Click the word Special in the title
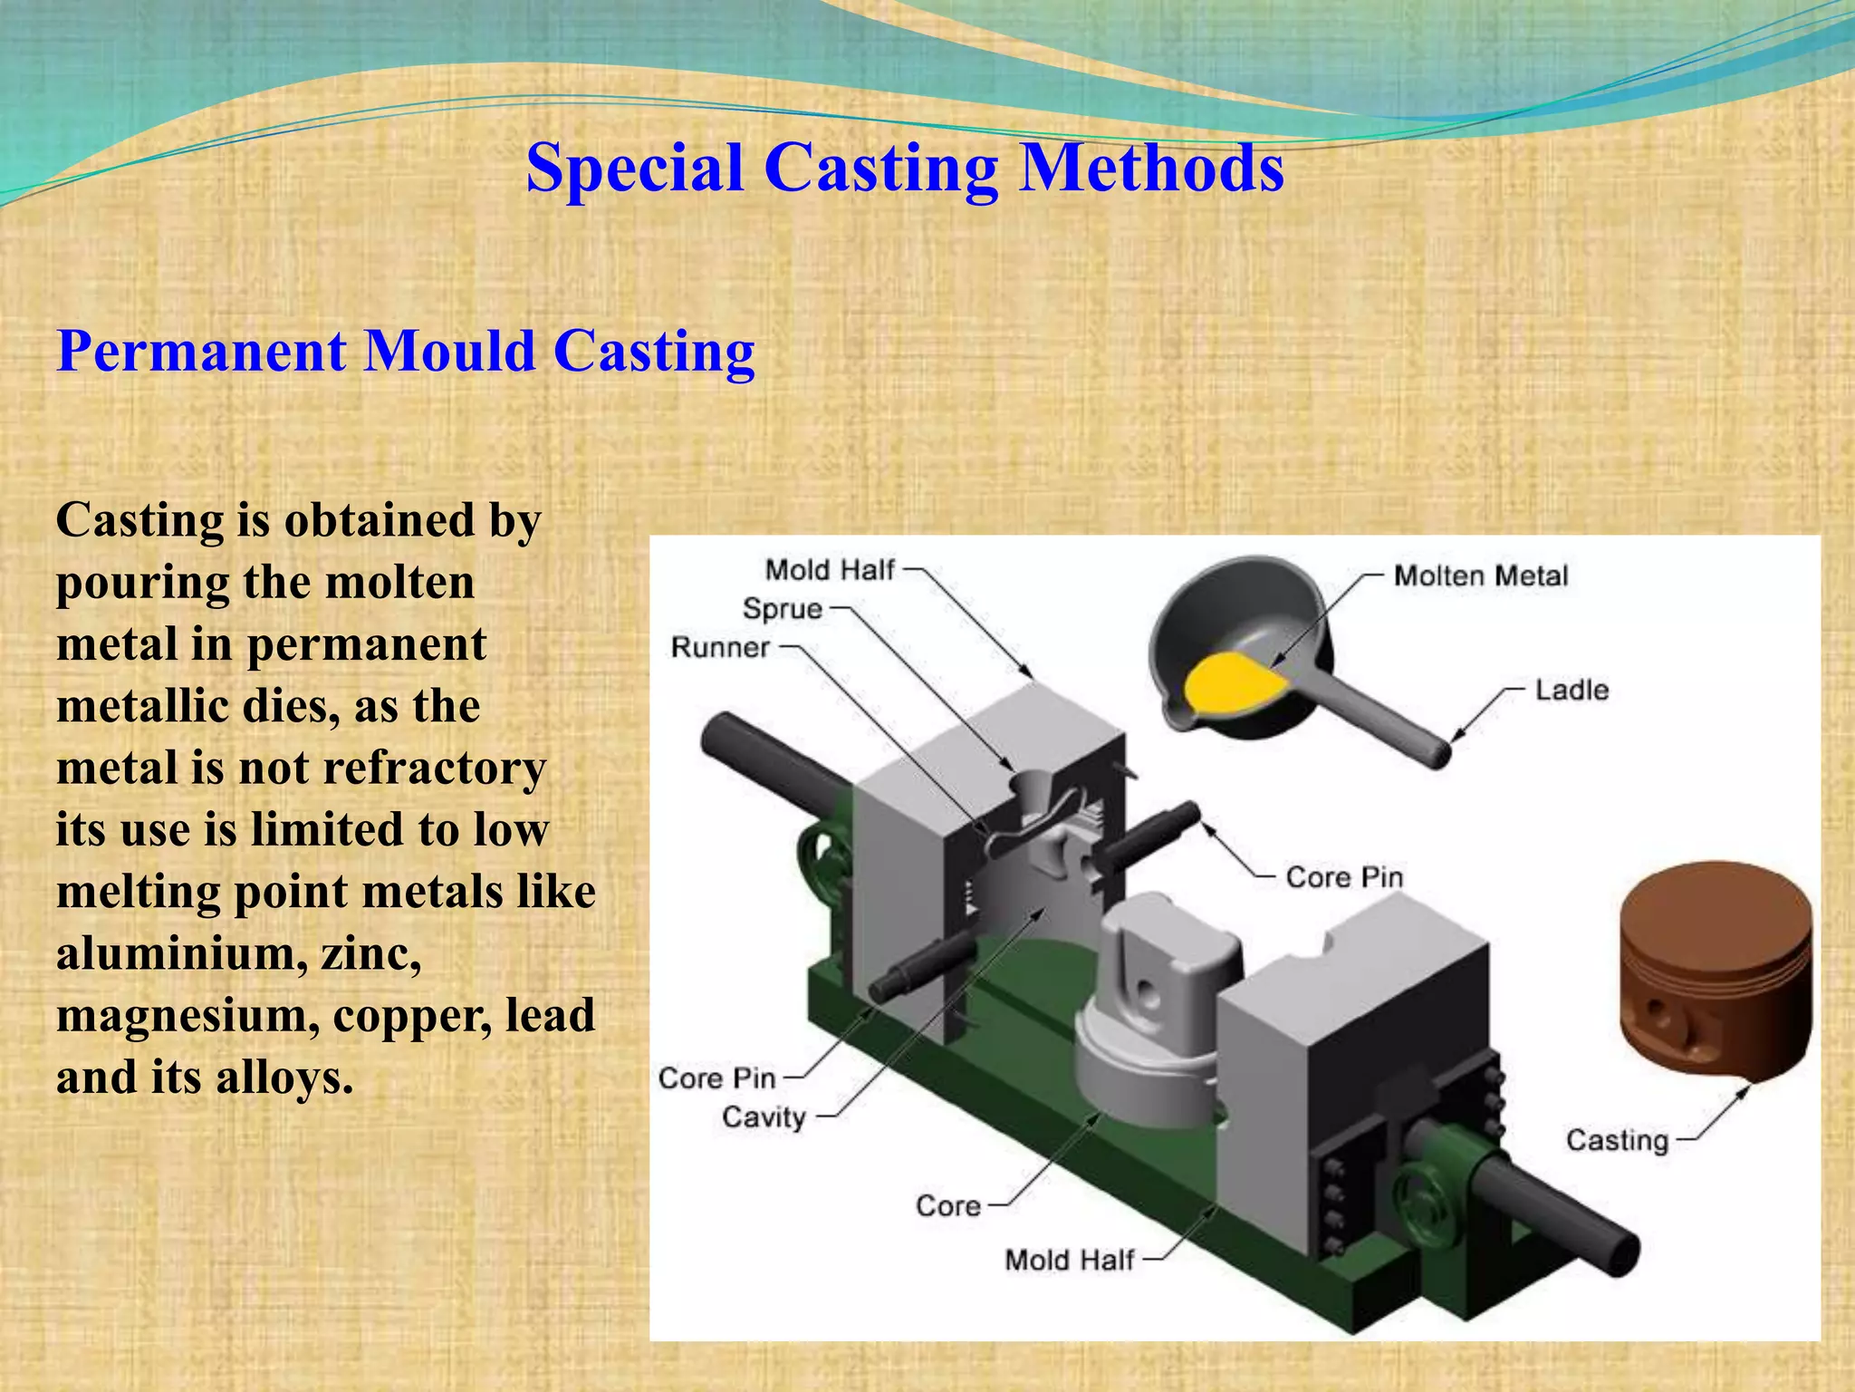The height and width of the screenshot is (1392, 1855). [634, 169]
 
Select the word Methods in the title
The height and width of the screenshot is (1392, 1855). [1151, 169]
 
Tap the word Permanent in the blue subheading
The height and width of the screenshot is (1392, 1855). [201, 352]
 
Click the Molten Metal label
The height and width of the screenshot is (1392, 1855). [1480, 576]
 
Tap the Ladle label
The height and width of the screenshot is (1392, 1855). [1571, 691]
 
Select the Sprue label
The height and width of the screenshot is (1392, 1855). [782, 609]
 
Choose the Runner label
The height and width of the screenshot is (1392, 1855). [720, 648]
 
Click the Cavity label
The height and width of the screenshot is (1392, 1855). [764, 1117]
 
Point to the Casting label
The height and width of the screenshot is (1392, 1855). [1617, 1140]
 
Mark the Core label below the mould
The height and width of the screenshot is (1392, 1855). [948, 1206]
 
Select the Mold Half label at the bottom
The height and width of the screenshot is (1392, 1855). [1070, 1261]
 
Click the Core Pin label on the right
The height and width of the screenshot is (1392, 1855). [1344, 877]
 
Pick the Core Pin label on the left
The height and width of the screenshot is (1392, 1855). [717, 1078]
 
